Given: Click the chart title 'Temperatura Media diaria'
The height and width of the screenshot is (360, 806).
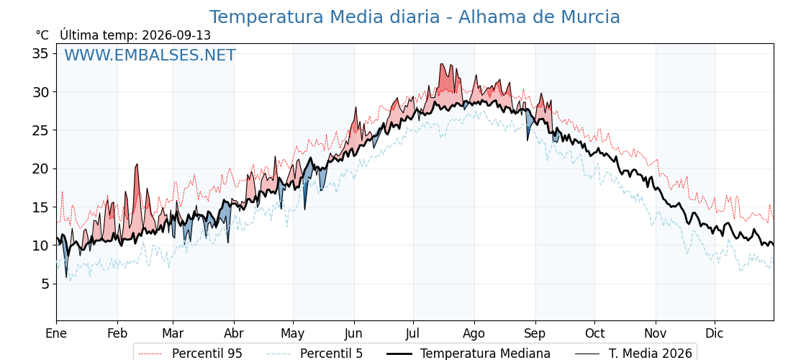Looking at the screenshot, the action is tap(325, 17).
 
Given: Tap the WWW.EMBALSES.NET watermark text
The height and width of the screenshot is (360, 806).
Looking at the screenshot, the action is tap(150, 55).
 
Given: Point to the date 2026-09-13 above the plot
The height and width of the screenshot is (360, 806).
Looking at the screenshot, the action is tap(176, 35).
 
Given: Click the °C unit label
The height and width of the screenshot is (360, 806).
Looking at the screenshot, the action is tap(42, 35).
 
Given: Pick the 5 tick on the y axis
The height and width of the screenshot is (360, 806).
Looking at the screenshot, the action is tap(45, 284).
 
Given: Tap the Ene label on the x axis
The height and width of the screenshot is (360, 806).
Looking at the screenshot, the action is tap(56, 333).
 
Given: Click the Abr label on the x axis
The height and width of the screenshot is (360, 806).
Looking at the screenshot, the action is tap(234, 333).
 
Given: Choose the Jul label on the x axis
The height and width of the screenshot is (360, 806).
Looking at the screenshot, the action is tap(413, 333).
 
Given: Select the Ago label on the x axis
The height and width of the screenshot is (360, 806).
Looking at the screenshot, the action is tap(474, 334).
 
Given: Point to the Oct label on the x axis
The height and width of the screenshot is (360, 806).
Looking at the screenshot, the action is tap(594, 333).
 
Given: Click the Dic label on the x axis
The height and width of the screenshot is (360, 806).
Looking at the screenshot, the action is tap(715, 333).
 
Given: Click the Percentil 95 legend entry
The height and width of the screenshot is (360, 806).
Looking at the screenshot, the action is tap(188, 354).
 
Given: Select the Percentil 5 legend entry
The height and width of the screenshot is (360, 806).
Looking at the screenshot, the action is tap(314, 354).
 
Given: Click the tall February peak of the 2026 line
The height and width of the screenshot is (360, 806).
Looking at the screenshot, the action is tap(137, 164).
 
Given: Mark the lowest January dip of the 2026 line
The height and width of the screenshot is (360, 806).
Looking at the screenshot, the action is tap(66, 276).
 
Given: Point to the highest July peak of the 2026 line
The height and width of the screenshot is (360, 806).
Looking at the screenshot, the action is tap(441, 64).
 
